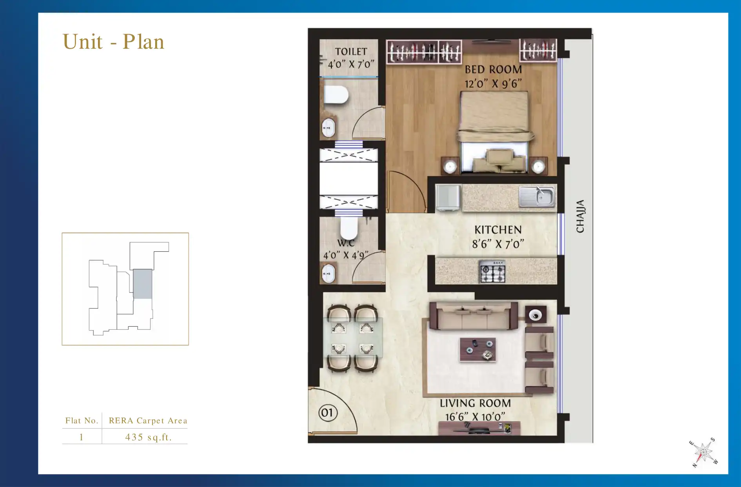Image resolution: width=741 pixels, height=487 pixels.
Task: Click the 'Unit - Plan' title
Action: [x=113, y=42]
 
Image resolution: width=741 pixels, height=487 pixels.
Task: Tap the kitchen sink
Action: [x=537, y=196]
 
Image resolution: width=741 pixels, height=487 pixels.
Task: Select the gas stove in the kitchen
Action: [x=493, y=271]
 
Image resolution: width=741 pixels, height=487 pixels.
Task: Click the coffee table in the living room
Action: [x=478, y=349]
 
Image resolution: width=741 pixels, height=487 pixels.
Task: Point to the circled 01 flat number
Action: [x=327, y=412]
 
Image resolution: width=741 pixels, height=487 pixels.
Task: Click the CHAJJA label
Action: [x=580, y=216]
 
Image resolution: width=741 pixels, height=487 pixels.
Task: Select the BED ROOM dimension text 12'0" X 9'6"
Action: [x=493, y=84]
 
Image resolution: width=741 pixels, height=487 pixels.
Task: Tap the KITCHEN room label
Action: [x=498, y=230]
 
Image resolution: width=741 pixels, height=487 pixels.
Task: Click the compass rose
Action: [x=704, y=452]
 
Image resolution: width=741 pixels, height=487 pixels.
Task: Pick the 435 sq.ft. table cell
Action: [x=148, y=437]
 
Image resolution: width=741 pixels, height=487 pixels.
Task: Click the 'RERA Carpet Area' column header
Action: [x=148, y=420]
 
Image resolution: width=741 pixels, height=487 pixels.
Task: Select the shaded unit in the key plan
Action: [x=142, y=284]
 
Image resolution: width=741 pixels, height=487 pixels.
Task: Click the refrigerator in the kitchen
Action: [x=448, y=197]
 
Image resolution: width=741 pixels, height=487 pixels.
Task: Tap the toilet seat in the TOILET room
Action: [x=336, y=95]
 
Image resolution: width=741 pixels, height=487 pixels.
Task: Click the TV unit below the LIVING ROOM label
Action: [x=479, y=429]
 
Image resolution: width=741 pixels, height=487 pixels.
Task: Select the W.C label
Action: [x=346, y=243]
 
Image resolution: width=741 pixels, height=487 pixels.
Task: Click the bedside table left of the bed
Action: [x=450, y=166]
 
